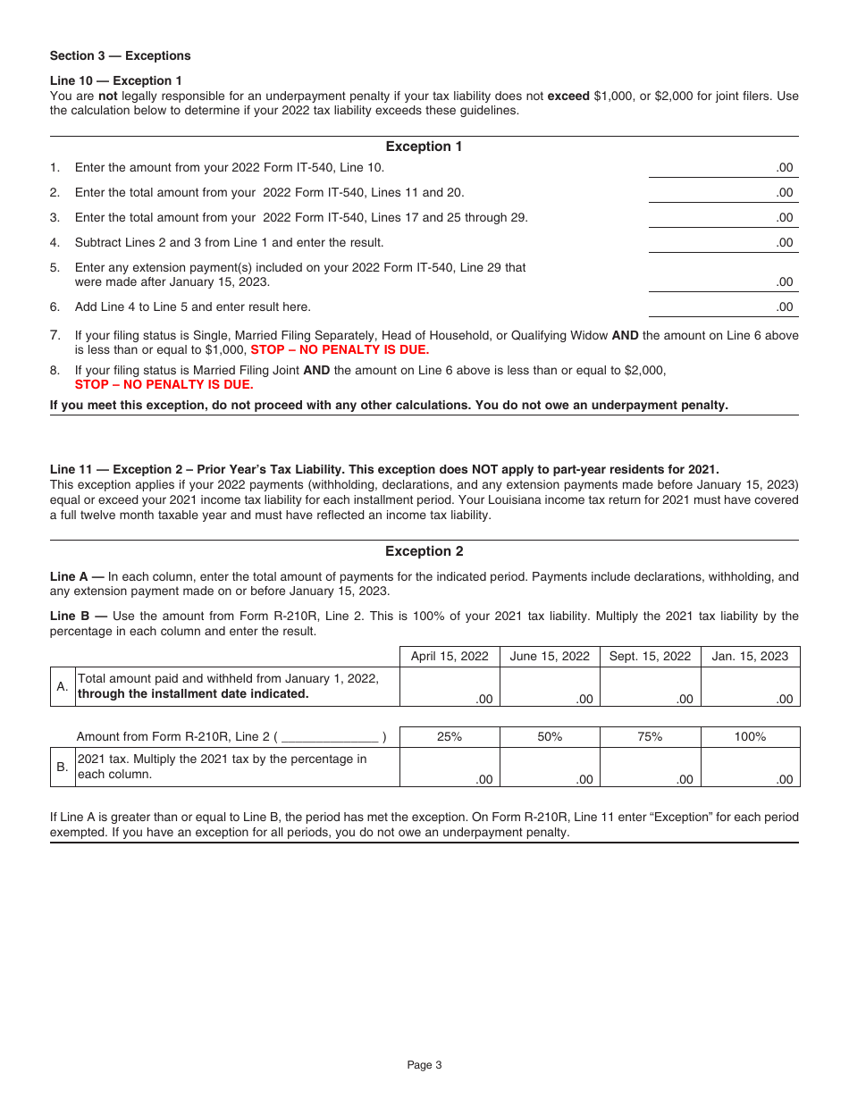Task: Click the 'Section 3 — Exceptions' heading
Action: pyautogui.click(x=120, y=55)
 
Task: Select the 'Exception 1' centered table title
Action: pyautogui.click(x=424, y=147)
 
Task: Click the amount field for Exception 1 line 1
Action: pyautogui.click(x=723, y=167)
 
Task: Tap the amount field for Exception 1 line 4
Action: pyautogui.click(x=723, y=242)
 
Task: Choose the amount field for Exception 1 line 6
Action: pyautogui.click(x=723, y=306)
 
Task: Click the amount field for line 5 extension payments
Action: pyautogui.click(x=723, y=281)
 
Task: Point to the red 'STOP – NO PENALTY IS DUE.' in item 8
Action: pyautogui.click(x=164, y=385)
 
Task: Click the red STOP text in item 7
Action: pyautogui.click(x=340, y=350)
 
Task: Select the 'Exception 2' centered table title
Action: pyautogui.click(x=424, y=551)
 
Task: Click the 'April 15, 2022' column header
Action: pyautogui.click(x=450, y=656)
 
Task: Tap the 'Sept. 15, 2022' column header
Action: pyautogui.click(x=650, y=656)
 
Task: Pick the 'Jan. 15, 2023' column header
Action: pyautogui.click(x=750, y=656)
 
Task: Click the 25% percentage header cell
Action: pyautogui.click(x=450, y=737)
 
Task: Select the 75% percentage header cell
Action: pyautogui.click(x=650, y=737)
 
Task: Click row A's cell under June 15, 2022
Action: pyautogui.click(x=550, y=687)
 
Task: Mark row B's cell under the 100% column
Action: pyautogui.click(x=750, y=768)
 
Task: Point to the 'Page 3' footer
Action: pyautogui.click(x=424, y=1064)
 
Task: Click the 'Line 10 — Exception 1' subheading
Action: pyautogui.click(x=116, y=80)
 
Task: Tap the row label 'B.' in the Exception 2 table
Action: pyautogui.click(x=63, y=768)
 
